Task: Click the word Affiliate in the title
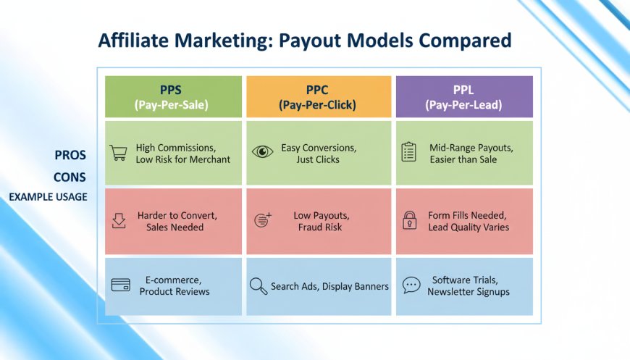click(133, 40)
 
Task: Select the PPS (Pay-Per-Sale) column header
click(173, 97)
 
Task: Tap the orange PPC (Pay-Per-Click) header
click(319, 97)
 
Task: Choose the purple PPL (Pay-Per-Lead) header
click(464, 97)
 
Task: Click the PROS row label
click(70, 155)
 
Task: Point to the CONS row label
click(70, 177)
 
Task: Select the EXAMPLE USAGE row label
click(49, 197)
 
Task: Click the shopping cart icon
click(119, 153)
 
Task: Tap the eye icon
click(262, 151)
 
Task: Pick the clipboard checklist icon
click(408, 152)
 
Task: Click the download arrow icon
click(119, 221)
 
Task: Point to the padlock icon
click(409, 220)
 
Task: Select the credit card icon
click(120, 285)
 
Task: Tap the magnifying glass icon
click(259, 286)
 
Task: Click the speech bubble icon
click(411, 285)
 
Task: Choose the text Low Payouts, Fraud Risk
click(321, 222)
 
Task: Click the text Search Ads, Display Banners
click(329, 286)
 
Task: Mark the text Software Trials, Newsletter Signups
click(469, 285)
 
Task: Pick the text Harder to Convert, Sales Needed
click(177, 222)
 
